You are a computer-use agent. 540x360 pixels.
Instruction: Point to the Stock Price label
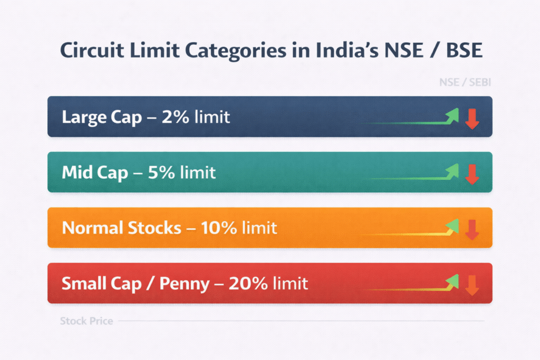tap(86, 320)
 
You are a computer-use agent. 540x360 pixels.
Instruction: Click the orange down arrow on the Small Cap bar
tap(471, 285)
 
